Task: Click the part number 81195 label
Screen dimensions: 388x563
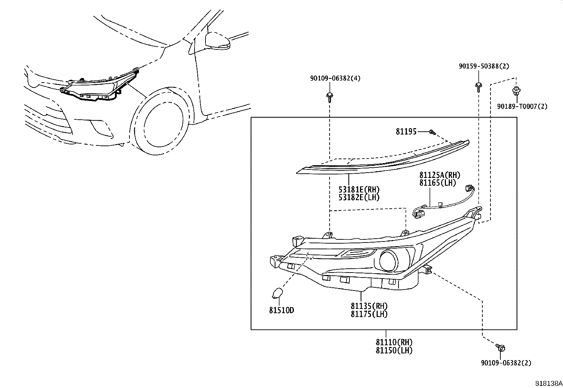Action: pyautogui.click(x=406, y=132)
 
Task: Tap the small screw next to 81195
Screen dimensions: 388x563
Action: pyautogui.click(x=431, y=132)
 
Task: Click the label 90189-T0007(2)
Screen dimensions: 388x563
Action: pyautogui.click(x=522, y=106)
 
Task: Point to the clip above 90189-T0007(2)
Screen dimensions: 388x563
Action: pyautogui.click(x=516, y=91)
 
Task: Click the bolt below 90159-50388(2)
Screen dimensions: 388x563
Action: pyautogui.click(x=478, y=86)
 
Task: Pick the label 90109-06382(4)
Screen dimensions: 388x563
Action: pyautogui.click(x=335, y=78)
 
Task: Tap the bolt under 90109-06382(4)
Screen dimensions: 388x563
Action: pyautogui.click(x=330, y=96)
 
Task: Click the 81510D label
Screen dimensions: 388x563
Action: pyautogui.click(x=281, y=310)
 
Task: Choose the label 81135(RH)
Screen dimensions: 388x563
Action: pyautogui.click(x=369, y=306)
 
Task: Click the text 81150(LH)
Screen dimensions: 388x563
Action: pyautogui.click(x=394, y=350)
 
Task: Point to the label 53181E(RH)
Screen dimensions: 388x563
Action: pyautogui.click(x=359, y=190)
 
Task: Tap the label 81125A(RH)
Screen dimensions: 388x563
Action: pyautogui.click(x=440, y=175)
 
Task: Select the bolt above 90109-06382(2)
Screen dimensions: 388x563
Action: pyautogui.click(x=501, y=347)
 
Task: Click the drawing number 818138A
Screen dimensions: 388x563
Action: pyautogui.click(x=548, y=383)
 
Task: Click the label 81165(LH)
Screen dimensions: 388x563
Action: pyautogui.click(x=438, y=183)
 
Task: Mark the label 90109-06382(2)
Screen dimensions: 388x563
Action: pyautogui.click(x=506, y=363)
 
